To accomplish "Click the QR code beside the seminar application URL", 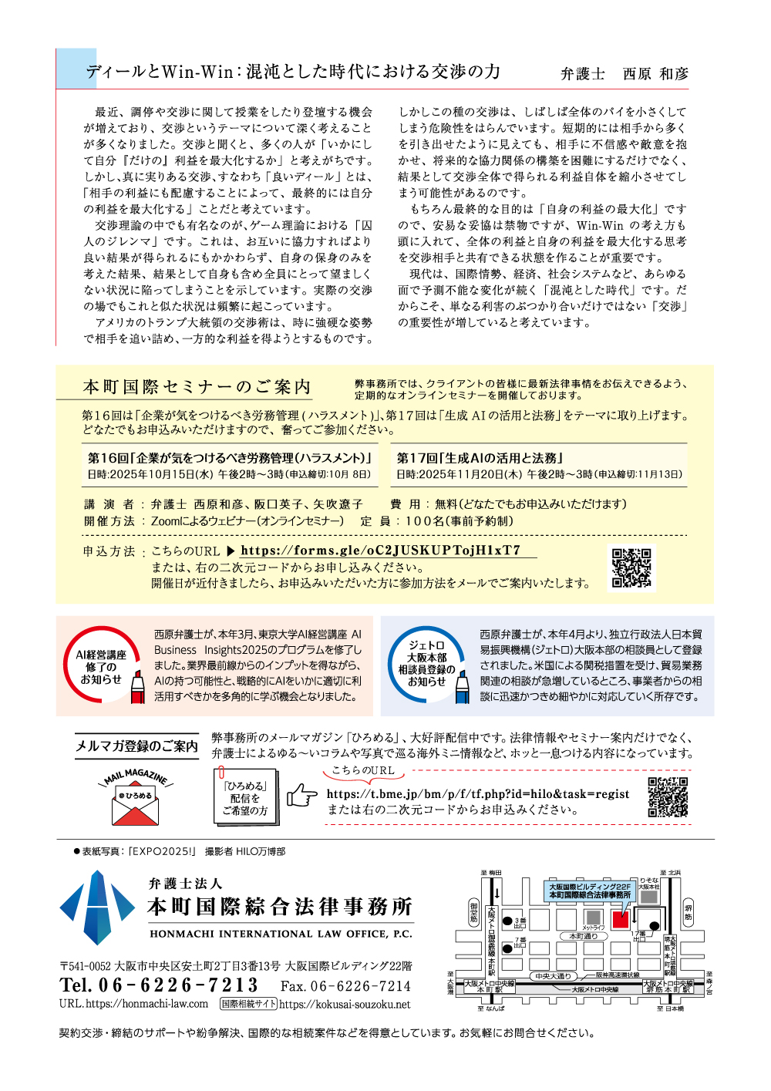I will tap(631, 568).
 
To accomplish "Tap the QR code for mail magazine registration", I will tap(667, 797).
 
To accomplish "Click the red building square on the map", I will tap(620, 918).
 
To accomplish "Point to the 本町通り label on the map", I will tap(583, 936).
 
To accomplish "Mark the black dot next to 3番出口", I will tap(507, 921).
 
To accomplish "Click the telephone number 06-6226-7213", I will tap(159, 985).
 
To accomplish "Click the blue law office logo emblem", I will tap(97, 907).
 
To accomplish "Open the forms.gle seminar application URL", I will tap(380, 551).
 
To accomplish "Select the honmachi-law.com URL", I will tap(133, 1004).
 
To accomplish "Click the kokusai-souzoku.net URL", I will tap(345, 1004).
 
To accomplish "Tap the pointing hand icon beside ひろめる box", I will tap(301, 795).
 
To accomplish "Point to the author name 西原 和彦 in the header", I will tap(655, 74).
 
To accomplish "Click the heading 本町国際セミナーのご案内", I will tap(197, 387).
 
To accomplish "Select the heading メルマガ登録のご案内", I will tap(136, 746).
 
